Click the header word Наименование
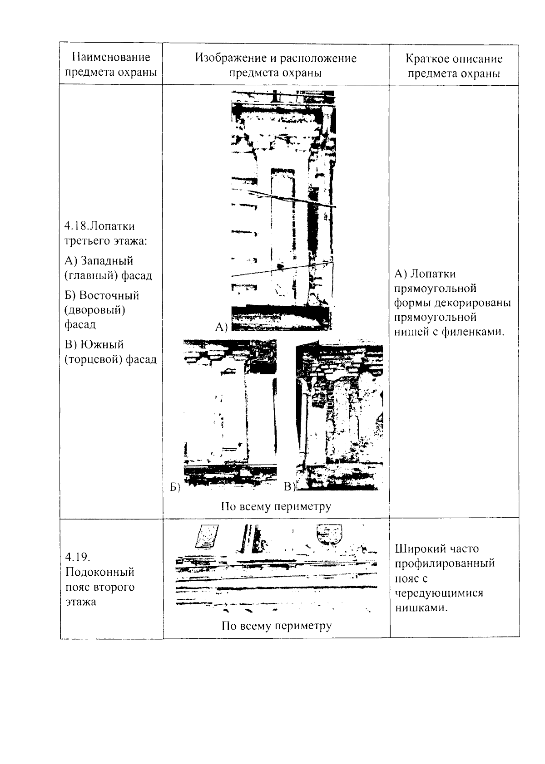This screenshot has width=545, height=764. pos(111,57)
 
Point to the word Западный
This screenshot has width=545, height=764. pos(106,261)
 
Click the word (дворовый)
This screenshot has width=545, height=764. pos(95,310)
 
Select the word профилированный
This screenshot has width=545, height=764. pos(445,563)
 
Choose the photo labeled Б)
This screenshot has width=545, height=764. pos(230,414)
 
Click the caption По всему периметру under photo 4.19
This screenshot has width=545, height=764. pos(277,626)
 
